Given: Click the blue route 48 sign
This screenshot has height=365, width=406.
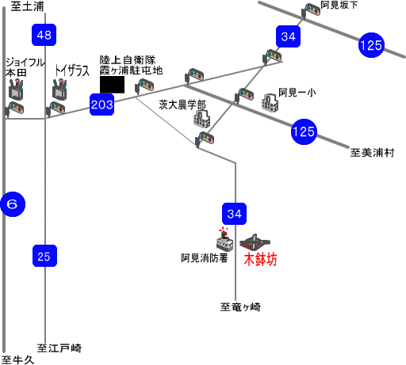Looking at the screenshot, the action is click(44, 35).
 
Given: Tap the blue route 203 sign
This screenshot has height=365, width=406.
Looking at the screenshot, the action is click(102, 105).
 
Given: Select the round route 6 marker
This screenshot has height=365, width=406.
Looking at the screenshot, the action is click(13, 204).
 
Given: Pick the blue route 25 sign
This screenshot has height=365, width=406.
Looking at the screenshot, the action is click(44, 256).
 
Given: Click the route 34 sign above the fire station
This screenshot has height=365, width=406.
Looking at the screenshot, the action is click(235, 214).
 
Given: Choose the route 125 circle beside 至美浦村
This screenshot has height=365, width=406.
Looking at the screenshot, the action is click(304, 131).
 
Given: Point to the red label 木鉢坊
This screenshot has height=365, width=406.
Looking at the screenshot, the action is click(260, 259).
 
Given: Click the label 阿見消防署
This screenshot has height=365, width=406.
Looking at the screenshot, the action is click(205, 258).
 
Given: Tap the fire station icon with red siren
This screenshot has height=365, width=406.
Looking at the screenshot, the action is click(224, 239).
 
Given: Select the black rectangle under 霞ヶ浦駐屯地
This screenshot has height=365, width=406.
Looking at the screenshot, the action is click(112, 85).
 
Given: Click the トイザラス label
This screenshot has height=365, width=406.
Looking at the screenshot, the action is click(72, 70).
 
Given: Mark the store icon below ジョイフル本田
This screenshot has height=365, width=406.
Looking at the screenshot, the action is click(16, 89).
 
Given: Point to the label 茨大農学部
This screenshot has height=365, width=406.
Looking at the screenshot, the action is click(182, 105).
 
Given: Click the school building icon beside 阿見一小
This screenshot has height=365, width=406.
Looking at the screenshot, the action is click(270, 103).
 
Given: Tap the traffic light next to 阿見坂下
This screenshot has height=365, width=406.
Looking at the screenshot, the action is click(311, 11).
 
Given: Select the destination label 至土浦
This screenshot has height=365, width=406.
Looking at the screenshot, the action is click(27, 6).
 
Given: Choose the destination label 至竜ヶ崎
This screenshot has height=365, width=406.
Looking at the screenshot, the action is click(240, 307).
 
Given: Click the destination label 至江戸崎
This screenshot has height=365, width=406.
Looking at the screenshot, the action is click(59, 348).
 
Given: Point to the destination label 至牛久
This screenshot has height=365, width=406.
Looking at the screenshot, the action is click(17, 359).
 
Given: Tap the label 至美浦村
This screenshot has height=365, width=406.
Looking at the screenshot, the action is click(372, 153).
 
